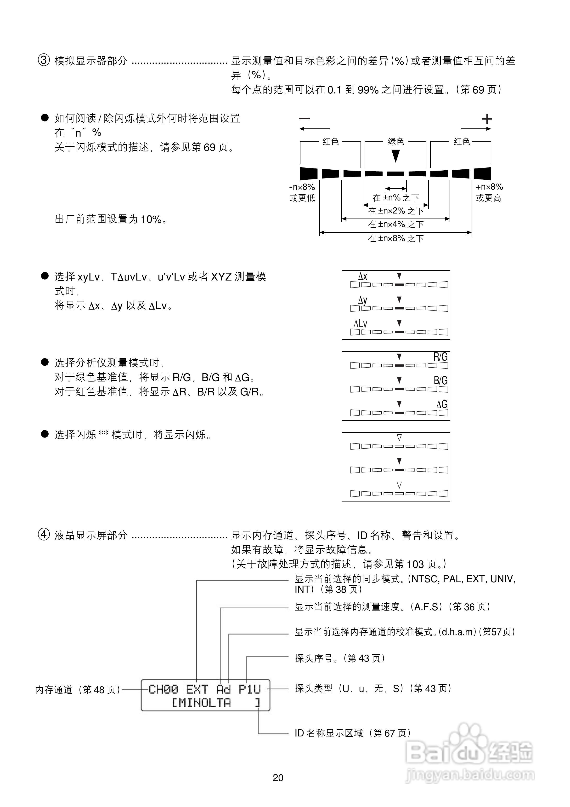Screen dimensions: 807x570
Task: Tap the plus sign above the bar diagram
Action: [487, 119]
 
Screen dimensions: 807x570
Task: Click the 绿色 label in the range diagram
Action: [395, 142]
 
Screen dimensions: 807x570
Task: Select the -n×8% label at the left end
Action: [302, 187]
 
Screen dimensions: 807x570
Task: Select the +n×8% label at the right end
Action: [489, 187]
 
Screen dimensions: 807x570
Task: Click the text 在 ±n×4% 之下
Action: [395, 224]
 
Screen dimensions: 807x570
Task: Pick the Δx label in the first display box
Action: [363, 277]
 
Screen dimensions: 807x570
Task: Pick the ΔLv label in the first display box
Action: [360, 323]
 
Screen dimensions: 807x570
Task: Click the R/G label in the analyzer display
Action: [440, 357]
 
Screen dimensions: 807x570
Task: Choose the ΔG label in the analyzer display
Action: [442, 404]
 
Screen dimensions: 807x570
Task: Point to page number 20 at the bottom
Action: [278, 778]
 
